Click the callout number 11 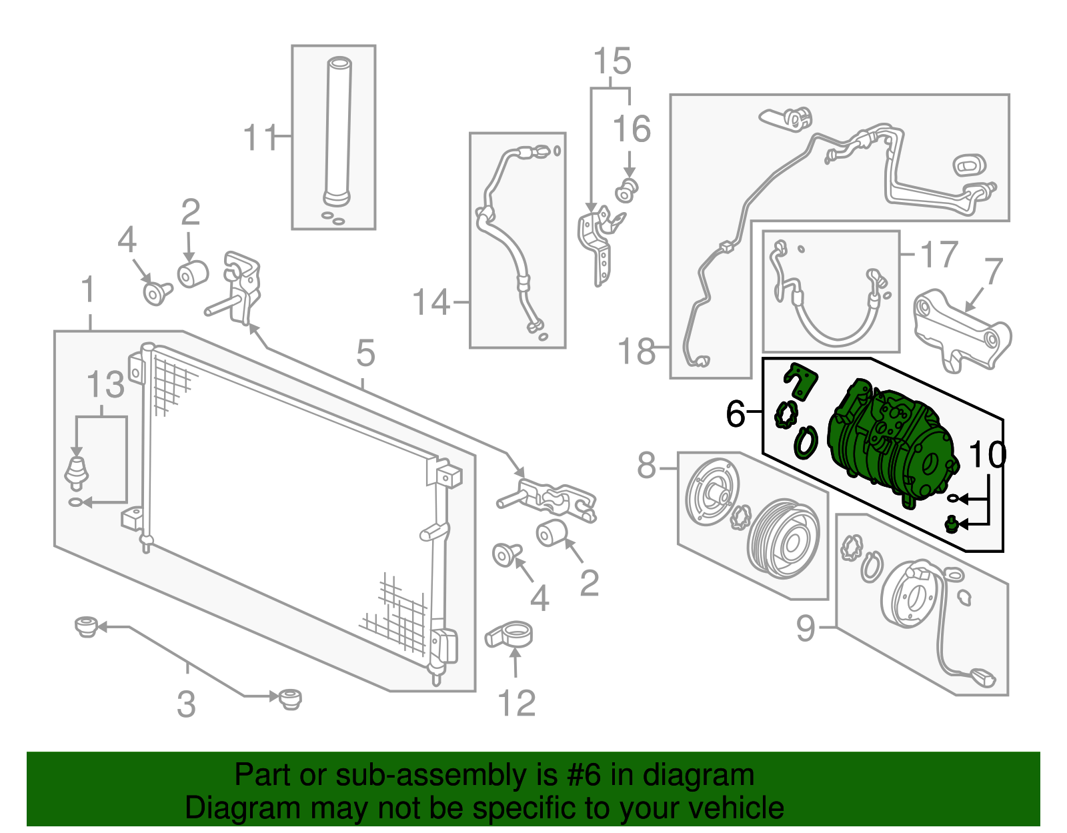click(x=259, y=138)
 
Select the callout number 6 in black click(x=735, y=414)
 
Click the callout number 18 click(x=636, y=351)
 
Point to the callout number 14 click(x=431, y=303)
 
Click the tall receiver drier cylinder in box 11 click(x=337, y=130)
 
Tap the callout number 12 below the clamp click(x=516, y=704)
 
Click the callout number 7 click(x=993, y=272)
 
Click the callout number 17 click(x=939, y=255)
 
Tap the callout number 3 click(x=186, y=704)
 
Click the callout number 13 click(x=105, y=385)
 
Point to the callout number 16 click(x=631, y=129)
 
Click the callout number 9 click(x=806, y=628)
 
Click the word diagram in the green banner click(x=712, y=776)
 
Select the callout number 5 click(x=365, y=353)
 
